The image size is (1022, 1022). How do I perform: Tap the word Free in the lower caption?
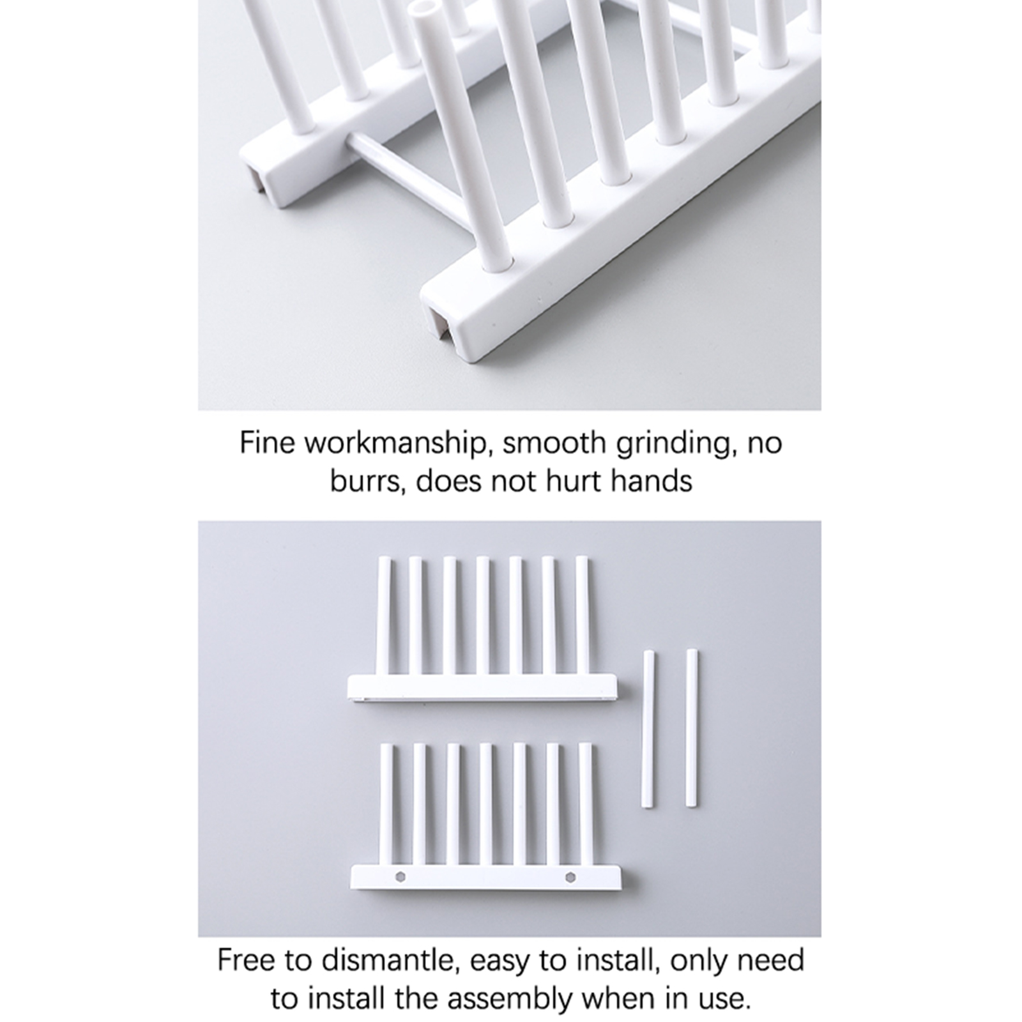[x=244, y=961]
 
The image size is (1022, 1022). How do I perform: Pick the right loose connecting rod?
[x=692, y=728]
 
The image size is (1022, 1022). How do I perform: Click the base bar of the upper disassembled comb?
[x=482, y=687]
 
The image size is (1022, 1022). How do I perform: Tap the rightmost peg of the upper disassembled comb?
[x=582, y=615]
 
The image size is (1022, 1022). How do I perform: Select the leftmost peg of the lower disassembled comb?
[x=387, y=804]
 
